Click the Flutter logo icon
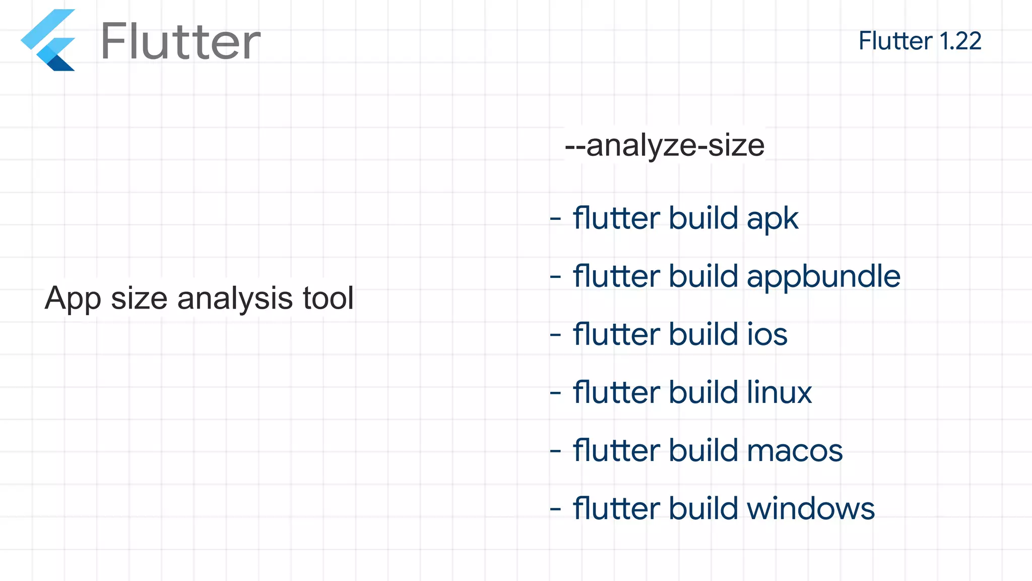click(x=48, y=40)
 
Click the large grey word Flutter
click(x=180, y=42)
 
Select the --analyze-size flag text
click(x=665, y=145)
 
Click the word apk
click(x=772, y=219)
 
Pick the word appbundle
click(x=823, y=277)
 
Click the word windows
click(x=811, y=508)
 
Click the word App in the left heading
click(x=73, y=299)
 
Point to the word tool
click(x=328, y=298)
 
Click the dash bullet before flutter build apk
click(x=555, y=219)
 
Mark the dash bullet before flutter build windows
click(x=555, y=509)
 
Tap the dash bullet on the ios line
click(x=555, y=335)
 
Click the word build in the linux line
click(x=703, y=392)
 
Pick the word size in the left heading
click(x=139, y=298)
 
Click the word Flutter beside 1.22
click(x=895, y=41)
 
